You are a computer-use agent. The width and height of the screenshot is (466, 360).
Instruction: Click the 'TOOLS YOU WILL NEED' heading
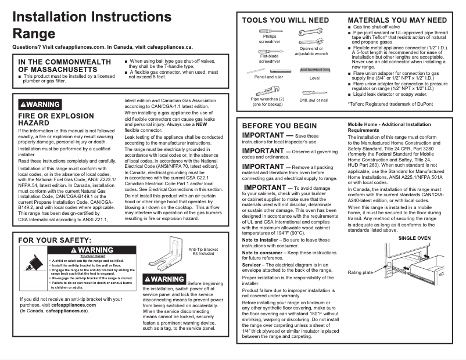(x=285, y=20)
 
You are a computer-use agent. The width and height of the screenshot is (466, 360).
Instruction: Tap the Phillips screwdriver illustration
(x=270, y=30)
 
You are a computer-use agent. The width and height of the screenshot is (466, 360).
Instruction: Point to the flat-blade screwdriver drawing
(x=270, y=51)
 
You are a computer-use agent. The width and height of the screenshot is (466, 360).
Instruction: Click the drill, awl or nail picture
(x=313, y=92)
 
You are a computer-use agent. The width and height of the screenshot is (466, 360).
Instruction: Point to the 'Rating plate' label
(x=360, y=272)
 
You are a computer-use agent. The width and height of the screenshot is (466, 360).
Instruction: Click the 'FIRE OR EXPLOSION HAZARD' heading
(x=48, y=120)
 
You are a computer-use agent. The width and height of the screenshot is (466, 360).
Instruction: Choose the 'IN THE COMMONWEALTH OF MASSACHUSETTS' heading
(x=64, y=66)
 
